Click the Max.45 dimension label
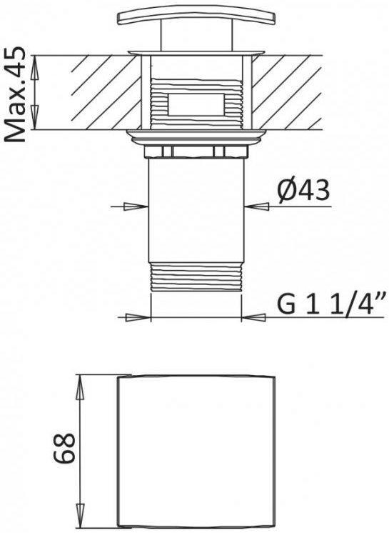(x=16, y=94)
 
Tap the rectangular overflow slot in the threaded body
(x=196, y=104)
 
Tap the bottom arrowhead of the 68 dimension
(x=81, y=515)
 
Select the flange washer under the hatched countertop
(x=196, y=135)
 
